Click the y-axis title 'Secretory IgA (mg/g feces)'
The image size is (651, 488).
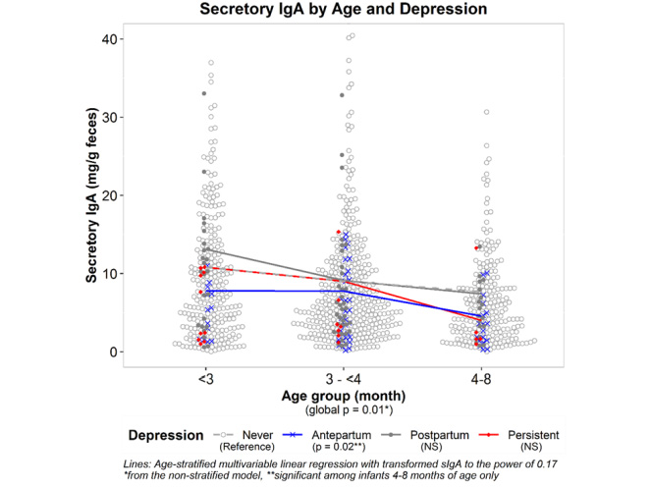tap(91, 195)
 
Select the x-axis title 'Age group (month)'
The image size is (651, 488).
tap(341, 395)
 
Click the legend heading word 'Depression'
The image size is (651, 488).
tap(168, 434)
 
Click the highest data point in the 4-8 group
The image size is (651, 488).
tap(484, 112)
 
